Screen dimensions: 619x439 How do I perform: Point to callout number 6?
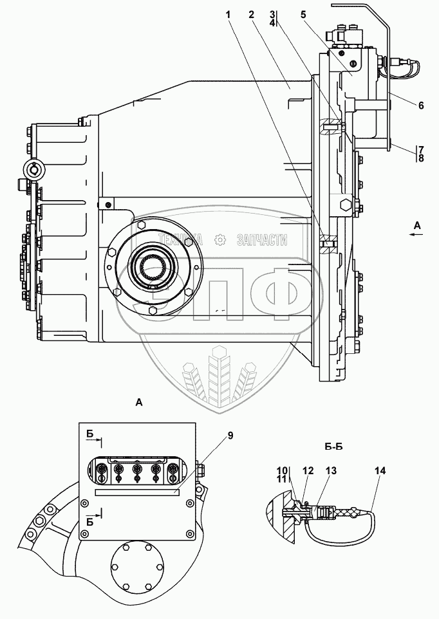[420, 105]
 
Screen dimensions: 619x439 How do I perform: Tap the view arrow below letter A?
[417, 237]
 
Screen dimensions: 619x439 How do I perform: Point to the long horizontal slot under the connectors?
[136, 492]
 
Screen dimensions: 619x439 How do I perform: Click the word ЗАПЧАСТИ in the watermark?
[262, 240]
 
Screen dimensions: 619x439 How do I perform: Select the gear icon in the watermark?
[220, 240]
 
